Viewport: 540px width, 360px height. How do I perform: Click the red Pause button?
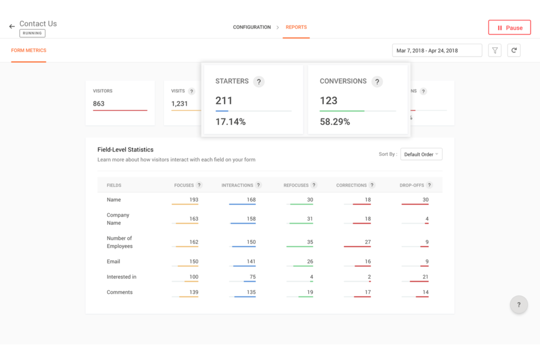click(509, 28)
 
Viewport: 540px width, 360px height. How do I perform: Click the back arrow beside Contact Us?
click(12, 26)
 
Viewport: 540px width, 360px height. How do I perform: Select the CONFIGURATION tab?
click(252, 27)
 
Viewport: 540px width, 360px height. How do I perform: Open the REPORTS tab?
click(296, 27)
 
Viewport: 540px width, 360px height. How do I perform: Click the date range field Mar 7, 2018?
click(437, 51)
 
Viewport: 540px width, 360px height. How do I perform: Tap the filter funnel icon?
click(495, 51)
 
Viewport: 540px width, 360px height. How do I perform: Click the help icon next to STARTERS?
click(259, 82)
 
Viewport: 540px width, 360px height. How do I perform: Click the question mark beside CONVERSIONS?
click(377, 82)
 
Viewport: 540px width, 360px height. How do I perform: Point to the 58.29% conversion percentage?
click(335, 122)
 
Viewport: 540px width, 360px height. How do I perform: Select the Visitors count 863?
click(99, 104)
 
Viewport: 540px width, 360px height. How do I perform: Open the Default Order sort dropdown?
click(421, 154)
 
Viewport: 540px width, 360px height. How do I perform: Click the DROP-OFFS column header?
click(412, 185)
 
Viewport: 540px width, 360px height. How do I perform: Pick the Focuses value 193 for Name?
click(194, 200)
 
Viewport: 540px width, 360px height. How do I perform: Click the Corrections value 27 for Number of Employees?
click(367, 242)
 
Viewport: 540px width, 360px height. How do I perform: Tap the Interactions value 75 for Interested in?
click(252, 277)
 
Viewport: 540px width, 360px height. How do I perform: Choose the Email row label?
click(113, 262)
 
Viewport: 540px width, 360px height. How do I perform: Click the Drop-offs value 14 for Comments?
click(425, 293)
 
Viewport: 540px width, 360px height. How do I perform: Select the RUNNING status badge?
click(32, 33)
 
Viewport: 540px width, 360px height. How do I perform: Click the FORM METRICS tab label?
click(28, 50)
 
